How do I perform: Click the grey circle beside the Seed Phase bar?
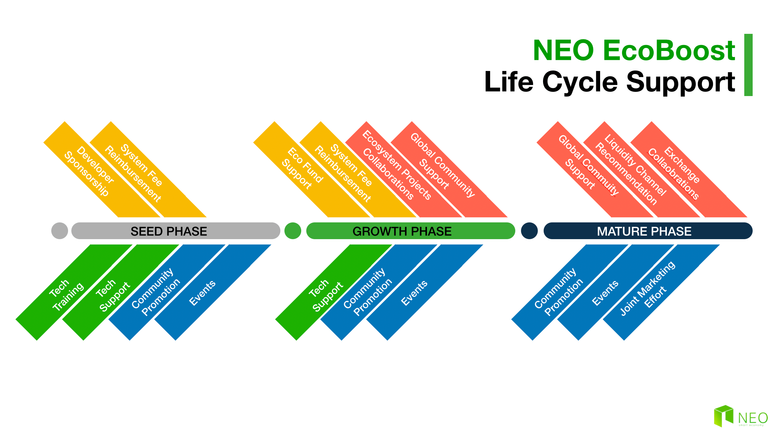click(60, 231)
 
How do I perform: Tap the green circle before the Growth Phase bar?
click(293, 231)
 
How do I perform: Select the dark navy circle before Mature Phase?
click(530, 231)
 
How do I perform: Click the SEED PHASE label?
click(169, 231)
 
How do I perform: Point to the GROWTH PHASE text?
click(402, 231)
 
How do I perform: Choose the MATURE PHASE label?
click(644, 231)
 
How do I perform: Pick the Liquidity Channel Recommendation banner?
click(642, 169)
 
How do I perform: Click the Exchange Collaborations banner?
click(689, 169)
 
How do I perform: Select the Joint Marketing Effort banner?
click(661, 292)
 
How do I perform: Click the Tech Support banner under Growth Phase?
click(334, 292)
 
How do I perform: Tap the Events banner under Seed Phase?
click(213, 292)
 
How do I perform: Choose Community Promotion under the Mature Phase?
click(570, 292)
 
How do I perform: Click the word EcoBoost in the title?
click(669, 50)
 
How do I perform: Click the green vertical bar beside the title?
click(748, 65)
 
